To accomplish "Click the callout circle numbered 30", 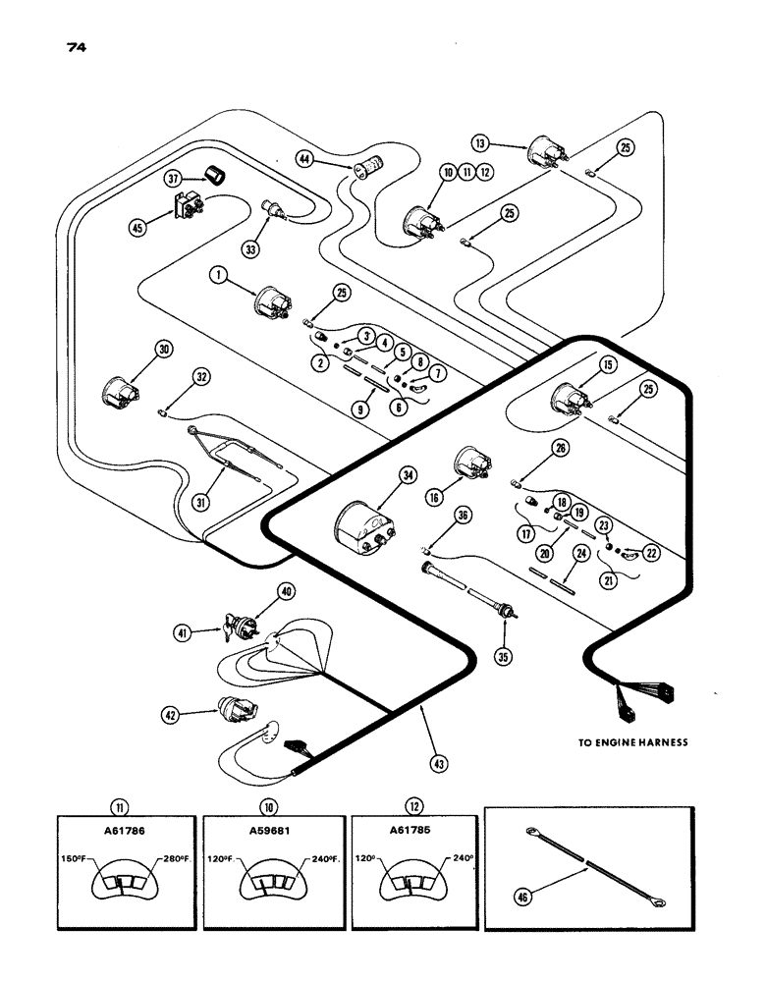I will click(x=162, y=350).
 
